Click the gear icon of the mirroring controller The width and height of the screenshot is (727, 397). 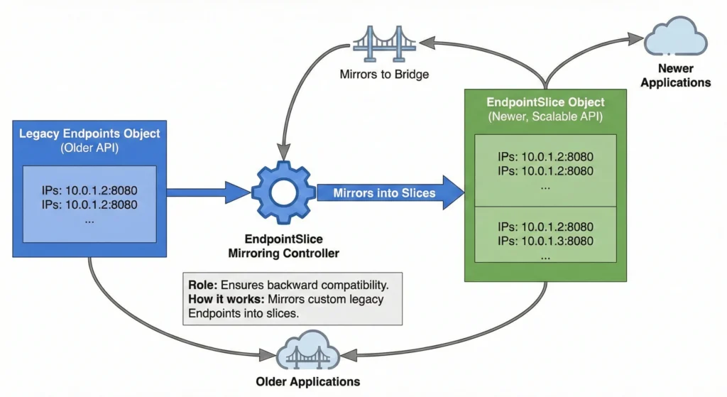pyautogui.click(x=283, y=192)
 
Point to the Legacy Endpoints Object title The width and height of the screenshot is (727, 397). pyautogui.click(x=89, y=134)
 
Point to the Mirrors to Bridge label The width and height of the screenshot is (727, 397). pyautogui.click(x=384, y=74)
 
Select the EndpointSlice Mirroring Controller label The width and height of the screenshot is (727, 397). pyautogui.click(x=283, y=246)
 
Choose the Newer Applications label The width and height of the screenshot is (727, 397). pyautogui.click(x=675, y=75)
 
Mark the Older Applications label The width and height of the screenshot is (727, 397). pyautogui.click(x=308, y=381)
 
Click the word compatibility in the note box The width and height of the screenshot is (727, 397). pyautogui.click(x=351, y=285)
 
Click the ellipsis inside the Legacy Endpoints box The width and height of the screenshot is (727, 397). pyautogui.click(x=89, y=219)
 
